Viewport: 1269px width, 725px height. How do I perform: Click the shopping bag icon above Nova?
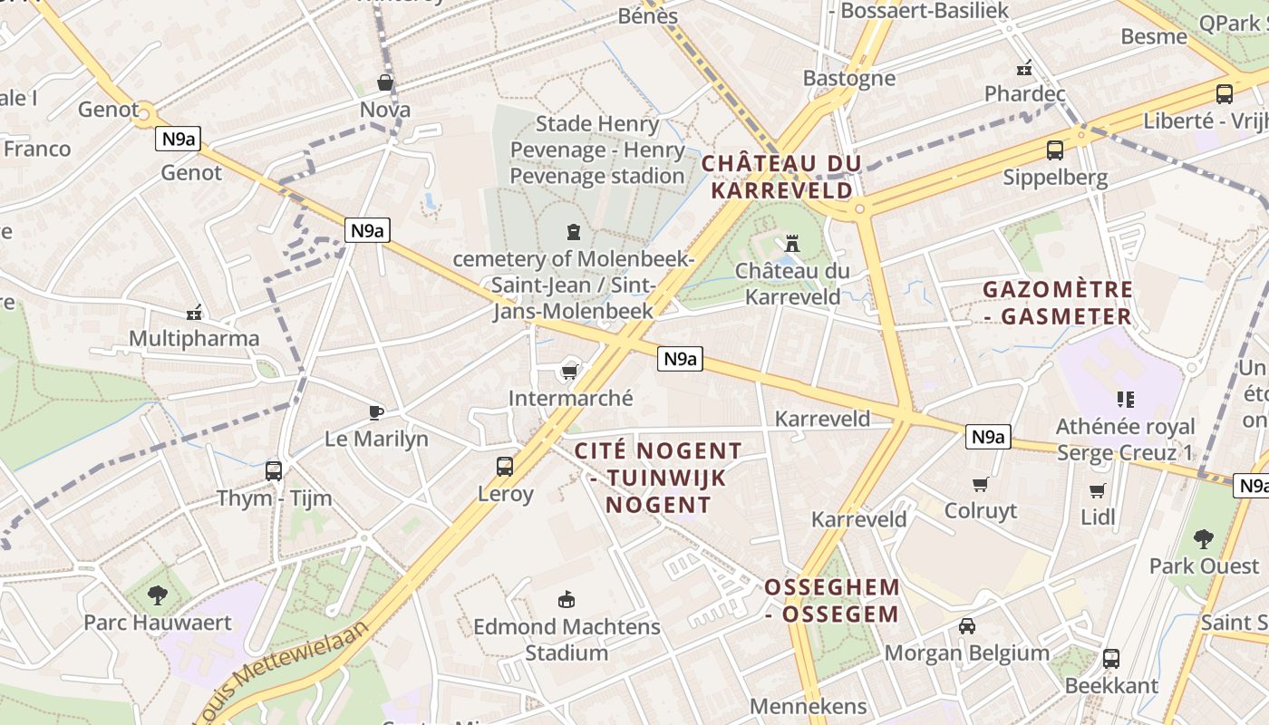tap(385, 82)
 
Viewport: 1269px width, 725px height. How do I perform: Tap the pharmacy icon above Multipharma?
tap(193, 314)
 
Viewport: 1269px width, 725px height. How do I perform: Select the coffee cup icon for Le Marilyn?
tap(376, 413)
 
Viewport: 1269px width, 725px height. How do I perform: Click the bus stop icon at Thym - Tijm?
tap(274, 470)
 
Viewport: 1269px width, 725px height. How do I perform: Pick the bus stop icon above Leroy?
tap(505, 467)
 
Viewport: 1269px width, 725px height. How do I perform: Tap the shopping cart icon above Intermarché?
tap(570, 372)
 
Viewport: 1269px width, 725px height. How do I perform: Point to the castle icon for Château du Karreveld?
tap(792, 243)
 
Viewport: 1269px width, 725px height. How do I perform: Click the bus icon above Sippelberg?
tap(1055, 150)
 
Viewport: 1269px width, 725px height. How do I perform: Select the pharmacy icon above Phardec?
tap(1024, 67)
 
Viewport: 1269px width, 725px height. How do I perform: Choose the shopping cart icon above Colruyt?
tap(980, 485)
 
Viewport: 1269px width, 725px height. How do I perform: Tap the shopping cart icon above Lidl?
tap(1098, 490)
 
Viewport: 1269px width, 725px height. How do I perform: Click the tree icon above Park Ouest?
tap(1204, 539)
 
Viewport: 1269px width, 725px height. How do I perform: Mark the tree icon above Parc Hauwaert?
tap(158, 595)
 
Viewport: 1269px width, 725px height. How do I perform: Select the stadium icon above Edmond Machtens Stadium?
tap(567, 599)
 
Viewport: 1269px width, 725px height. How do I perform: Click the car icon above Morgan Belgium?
tap(967, 625)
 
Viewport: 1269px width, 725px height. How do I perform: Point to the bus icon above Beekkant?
tap(1111, 659)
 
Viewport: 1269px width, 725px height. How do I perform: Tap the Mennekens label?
tap(808, 706)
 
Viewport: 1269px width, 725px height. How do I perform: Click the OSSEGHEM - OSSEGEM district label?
tap(832, 600)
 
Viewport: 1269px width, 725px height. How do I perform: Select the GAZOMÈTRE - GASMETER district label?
tap(1058, 303)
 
